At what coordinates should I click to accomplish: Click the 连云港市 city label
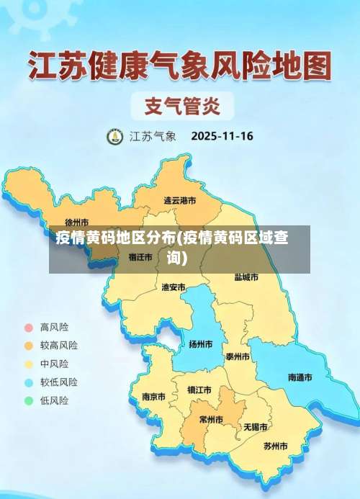(x=179, y=201)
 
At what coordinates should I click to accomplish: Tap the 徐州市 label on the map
(x=76, y=222)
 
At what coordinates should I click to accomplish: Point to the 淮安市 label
(x=174, y=287)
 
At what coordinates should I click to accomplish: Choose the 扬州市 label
(x=200, y=344)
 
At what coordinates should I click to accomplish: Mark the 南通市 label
(x=300, y=377)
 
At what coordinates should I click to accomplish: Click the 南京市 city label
(x=153, y=397)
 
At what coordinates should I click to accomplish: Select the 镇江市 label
(x=199, y=390)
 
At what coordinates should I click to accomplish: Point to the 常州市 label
(x=211, y=420)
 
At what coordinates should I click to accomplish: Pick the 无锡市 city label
(x=255, y=427)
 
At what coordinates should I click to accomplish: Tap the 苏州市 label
(x=275, y=446)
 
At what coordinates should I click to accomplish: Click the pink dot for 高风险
(x=29, y=326)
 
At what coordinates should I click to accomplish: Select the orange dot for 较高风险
(x=29, y=345)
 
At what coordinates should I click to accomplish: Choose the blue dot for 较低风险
(x=29, y=382)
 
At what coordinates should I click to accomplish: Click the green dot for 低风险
(x=29, y=400)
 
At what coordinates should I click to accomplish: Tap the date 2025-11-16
(x=222, y=135)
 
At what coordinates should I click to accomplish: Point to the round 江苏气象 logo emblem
(x=115, y=136)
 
